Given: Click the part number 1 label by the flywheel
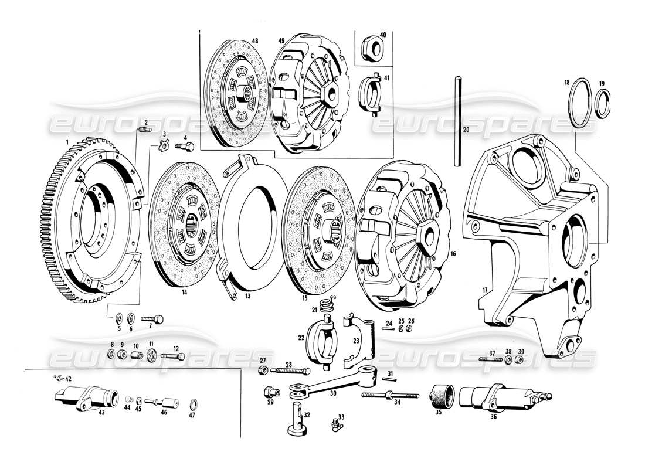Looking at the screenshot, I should click(68, 142).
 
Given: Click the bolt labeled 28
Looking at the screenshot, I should click(291, 371).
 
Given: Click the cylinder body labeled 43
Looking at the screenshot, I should click(85, 399).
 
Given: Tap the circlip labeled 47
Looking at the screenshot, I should click(194, 403).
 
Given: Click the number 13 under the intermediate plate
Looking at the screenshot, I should click(248, 297).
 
